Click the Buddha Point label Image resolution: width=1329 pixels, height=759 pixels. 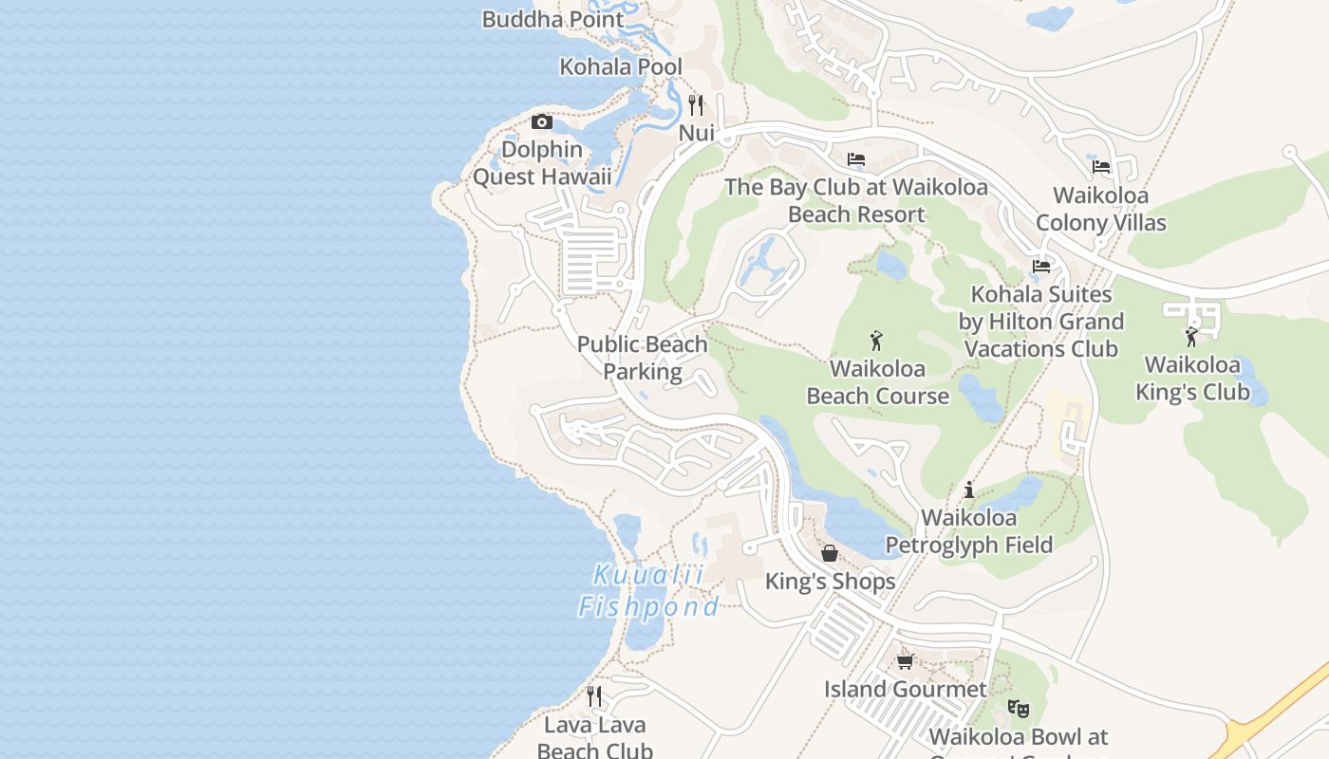(x=552, y=19)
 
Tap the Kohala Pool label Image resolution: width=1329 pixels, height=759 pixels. (x=621, y=67)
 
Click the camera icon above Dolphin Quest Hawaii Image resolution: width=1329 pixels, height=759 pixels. (x=542, y=121)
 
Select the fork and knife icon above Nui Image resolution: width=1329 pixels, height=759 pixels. (x=697, y=104)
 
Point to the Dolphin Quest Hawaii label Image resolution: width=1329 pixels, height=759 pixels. (x=542, y=163)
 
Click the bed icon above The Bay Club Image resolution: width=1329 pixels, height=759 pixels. (x=856, y=159)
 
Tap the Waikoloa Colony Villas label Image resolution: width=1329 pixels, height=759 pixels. (x=1101, y=210)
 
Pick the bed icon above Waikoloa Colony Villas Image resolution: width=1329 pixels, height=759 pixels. (x=1101, y=167)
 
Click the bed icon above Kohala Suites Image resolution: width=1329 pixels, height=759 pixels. (x=1041, y=267)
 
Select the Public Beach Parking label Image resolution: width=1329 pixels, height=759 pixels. (x=643, y=358)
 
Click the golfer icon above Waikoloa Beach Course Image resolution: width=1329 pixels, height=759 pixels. (x=876, y=340)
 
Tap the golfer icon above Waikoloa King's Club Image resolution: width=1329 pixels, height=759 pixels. (x=1191, y=337)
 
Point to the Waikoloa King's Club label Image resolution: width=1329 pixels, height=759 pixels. (x=1192, y=379)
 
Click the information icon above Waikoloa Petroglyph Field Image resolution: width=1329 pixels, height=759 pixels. (x=969, y=490)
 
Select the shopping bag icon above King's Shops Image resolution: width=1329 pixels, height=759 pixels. (x=830, y=552)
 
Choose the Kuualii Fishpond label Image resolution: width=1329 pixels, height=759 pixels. (x=648, y=590)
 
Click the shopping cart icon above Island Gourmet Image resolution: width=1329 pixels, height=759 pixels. (x=905, y=661)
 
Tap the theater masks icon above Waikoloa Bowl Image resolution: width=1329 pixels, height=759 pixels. (x=1018, y=708)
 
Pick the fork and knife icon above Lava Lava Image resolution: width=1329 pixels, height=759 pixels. (x=594, y=696)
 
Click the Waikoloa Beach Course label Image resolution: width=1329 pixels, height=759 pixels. (x=878, y=382)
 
